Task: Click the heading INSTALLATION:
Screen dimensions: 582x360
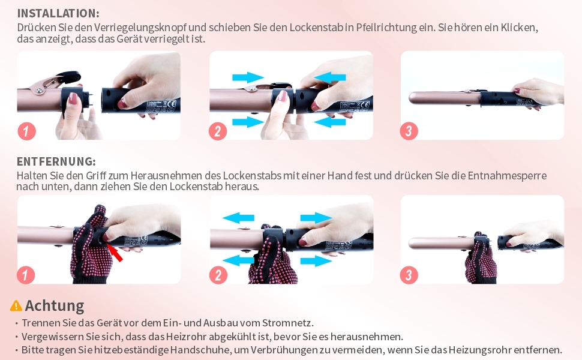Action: pos(58,13)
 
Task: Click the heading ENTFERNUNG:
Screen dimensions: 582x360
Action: pos(56,161)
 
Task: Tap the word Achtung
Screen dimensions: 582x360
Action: pos(55,305)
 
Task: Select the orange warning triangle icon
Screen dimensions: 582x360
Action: pos(16,305)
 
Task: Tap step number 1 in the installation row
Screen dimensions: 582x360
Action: pos(27,131)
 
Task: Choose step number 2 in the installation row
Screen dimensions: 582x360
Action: pos(218,131)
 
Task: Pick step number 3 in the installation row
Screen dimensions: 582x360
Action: pos(409,131)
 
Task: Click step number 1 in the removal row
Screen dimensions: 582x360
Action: pos(26,275)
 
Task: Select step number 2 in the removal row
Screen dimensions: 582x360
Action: pos(218,275)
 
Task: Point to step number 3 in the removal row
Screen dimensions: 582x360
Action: pos(409,275)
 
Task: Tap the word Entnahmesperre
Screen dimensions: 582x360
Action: pos(507,176)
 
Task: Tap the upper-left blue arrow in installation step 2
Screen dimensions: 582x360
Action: pos(248,77)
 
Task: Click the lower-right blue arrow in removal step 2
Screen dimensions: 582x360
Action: pos(316,260)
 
